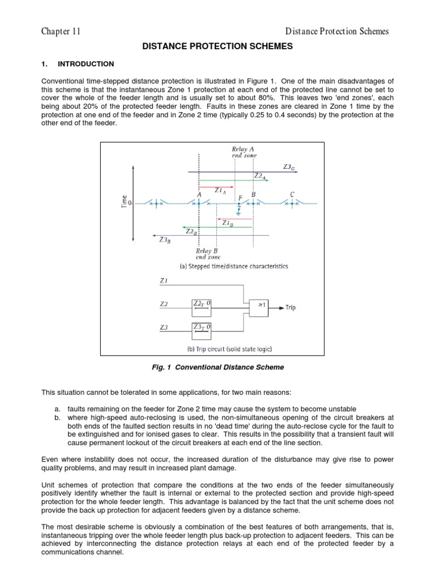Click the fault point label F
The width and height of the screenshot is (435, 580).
pos(240,198)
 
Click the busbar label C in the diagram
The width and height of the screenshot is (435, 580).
pos(292,194)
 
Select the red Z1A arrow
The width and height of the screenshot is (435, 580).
pos(216,186)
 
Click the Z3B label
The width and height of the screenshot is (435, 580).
pos(164,240)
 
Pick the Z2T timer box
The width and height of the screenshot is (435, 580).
pos(202,304)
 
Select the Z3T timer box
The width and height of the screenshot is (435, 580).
pos(202,327)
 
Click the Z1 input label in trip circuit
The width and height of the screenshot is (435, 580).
pos(164,280)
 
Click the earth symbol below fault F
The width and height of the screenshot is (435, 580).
pos(238,211)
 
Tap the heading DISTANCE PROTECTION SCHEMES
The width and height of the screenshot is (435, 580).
pos(217,47)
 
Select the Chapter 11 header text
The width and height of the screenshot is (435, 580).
pos(61,31)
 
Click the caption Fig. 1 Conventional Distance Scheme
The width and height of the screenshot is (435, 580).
pos(217,367)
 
